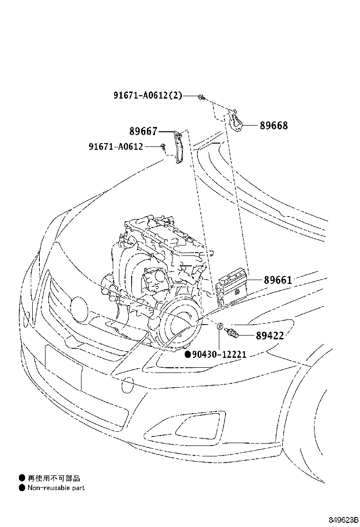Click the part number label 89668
273,126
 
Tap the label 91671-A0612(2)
147,95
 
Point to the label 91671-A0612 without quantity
116,146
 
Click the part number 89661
278,280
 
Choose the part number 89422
270,336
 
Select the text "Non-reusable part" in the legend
55,488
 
